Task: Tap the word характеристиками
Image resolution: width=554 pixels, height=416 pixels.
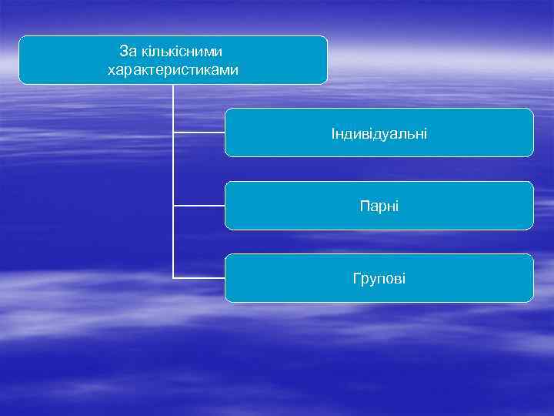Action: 173,70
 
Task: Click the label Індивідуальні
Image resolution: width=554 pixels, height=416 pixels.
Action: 379,134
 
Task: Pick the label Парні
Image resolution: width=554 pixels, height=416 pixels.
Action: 379,206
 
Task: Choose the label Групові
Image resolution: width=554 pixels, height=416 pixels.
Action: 379,278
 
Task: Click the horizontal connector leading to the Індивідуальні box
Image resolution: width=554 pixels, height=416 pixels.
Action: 199,133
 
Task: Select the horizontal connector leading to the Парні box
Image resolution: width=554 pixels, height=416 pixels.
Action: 199,206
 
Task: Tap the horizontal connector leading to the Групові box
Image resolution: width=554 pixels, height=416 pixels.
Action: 199,277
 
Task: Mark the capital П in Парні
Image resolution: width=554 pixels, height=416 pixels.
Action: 363,206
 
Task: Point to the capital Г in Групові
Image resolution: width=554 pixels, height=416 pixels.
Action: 356,278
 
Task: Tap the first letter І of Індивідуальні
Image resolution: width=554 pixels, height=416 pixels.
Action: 333,134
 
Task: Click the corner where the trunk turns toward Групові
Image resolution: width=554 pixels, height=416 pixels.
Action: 174,277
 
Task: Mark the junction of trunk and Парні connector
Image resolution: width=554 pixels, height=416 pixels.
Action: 174,206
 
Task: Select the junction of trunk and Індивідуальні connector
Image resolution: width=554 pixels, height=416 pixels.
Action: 174,133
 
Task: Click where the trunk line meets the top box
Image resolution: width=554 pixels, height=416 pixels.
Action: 174,84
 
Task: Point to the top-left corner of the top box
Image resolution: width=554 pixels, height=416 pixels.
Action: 20,36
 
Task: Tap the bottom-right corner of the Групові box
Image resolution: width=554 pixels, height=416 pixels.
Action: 532,300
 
